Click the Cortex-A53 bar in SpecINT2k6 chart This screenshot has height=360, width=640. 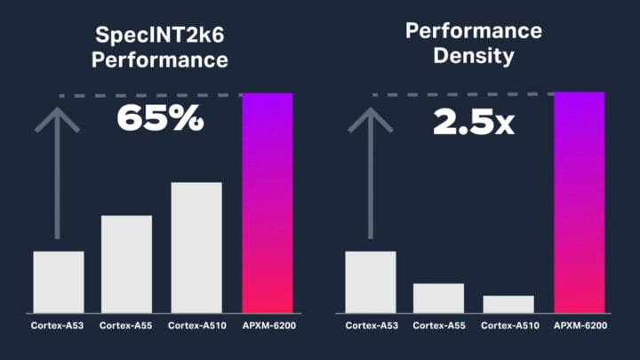(x=59, y=281)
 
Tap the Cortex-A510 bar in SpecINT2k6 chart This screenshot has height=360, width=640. (x=196, y=246)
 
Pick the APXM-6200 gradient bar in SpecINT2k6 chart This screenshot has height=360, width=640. (x=268, y=202)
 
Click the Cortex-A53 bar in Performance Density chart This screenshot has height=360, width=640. (x=370, y=281)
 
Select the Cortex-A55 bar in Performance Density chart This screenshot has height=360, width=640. (x=439, y=297)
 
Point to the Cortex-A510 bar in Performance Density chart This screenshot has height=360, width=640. (x=508, y=303)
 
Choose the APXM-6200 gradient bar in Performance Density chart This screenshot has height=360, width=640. (x=579, y=202)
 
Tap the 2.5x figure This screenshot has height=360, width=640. (x=474, y=121)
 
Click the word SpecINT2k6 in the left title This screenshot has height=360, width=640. (x=162, y=36)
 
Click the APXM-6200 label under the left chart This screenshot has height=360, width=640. (x=268, y=326)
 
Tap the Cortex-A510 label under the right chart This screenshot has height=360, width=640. (x=508, y=326)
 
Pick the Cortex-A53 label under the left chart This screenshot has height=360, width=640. (x=58, y=326)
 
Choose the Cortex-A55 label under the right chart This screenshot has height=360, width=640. (x=438, y=326)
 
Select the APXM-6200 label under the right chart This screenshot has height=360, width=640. (x=580, y=326)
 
